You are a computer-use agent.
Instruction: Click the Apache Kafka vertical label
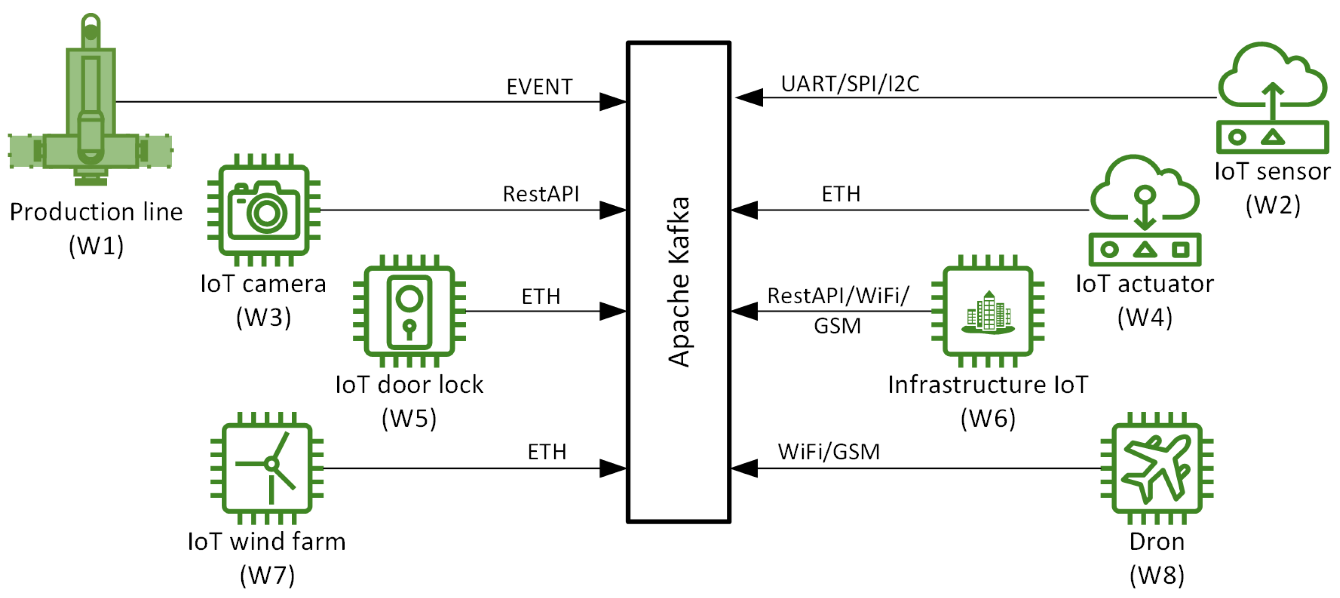pos(679,282)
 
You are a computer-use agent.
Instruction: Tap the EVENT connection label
pos(539,87)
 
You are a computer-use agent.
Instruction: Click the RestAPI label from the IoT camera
pos(541,194)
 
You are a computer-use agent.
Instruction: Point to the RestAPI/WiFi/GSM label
pos(838,310)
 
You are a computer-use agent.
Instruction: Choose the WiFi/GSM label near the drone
pos(829,452)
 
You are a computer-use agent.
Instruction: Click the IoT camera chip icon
pos(264,210)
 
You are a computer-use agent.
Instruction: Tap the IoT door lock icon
pos(409,311)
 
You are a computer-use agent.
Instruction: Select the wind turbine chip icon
pos(267,468)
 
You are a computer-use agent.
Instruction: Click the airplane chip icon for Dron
pos(1157,468)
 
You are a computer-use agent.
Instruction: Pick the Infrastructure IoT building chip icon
pos(988,311)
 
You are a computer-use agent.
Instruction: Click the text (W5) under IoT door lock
pos(409,419)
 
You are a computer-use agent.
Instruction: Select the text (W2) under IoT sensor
pos(1273,205)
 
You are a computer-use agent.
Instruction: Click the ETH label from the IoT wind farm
pos(547,452)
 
